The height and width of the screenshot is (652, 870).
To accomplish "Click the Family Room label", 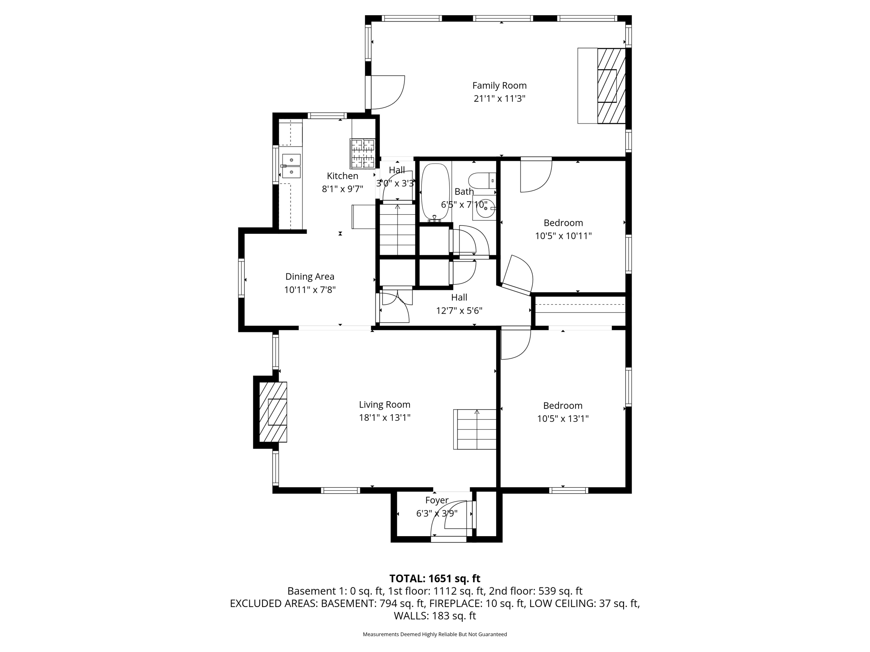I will point(499,85).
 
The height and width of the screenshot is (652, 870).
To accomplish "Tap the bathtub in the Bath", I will point(435,192).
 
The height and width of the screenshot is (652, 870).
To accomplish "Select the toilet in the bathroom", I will point(482,180).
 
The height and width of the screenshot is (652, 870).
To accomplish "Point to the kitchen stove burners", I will point(362,153).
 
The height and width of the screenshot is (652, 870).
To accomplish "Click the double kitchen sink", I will point(291,166).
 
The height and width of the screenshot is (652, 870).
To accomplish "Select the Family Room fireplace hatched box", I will point(611,86).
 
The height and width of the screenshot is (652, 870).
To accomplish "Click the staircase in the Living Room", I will point(475,429).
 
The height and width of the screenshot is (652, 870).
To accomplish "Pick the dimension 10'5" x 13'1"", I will point(562,419).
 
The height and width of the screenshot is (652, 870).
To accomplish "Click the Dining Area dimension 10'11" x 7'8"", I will point(310,290).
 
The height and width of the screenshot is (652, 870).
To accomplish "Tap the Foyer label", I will point(437,500).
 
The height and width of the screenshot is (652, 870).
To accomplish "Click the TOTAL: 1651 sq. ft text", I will point(435,579).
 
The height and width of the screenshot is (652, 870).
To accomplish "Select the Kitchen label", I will point(342,176).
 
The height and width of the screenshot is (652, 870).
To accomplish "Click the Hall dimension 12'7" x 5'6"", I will point(459,311).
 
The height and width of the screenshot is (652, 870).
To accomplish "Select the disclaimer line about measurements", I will point(435,634).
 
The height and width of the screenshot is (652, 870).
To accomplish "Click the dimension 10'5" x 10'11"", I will point(563,236).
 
